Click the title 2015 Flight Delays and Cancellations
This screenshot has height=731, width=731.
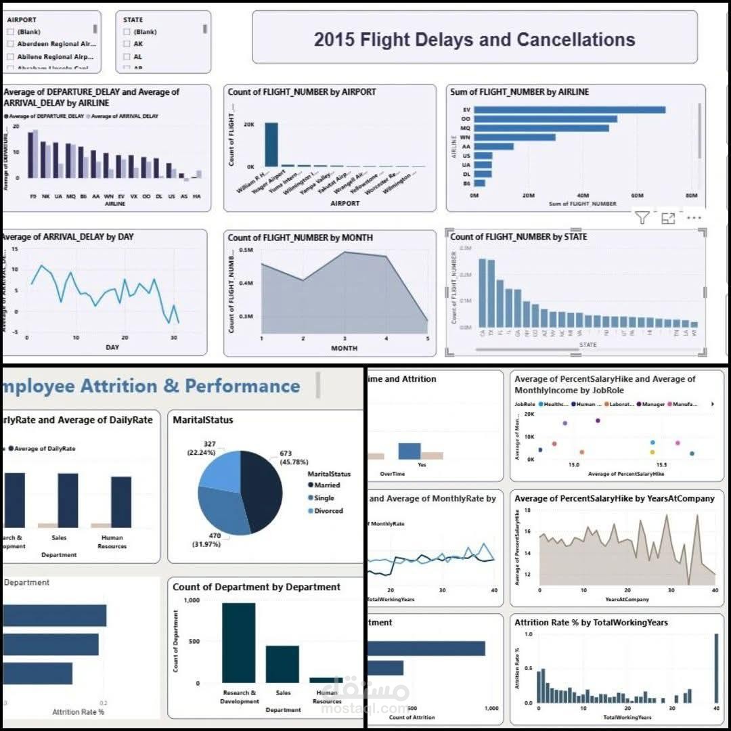point(474,39)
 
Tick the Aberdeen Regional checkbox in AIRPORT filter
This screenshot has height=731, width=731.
point(10,44)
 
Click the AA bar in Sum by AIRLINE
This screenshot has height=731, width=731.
point(493,146)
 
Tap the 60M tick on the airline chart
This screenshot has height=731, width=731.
point(636,196)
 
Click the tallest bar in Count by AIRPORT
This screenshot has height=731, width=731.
point(271,144)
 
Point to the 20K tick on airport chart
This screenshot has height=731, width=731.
point(249,125)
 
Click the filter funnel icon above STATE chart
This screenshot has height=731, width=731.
point(642,218)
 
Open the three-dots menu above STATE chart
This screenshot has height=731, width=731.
point(694,218)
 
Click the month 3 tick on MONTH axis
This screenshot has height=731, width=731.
point(345,338)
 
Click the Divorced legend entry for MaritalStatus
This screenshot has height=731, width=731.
point(328,511)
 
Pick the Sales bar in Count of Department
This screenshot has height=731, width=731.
point(282,664)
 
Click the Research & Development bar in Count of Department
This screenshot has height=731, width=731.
point(239,643)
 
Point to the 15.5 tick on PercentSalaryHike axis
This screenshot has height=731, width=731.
point(661,466)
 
